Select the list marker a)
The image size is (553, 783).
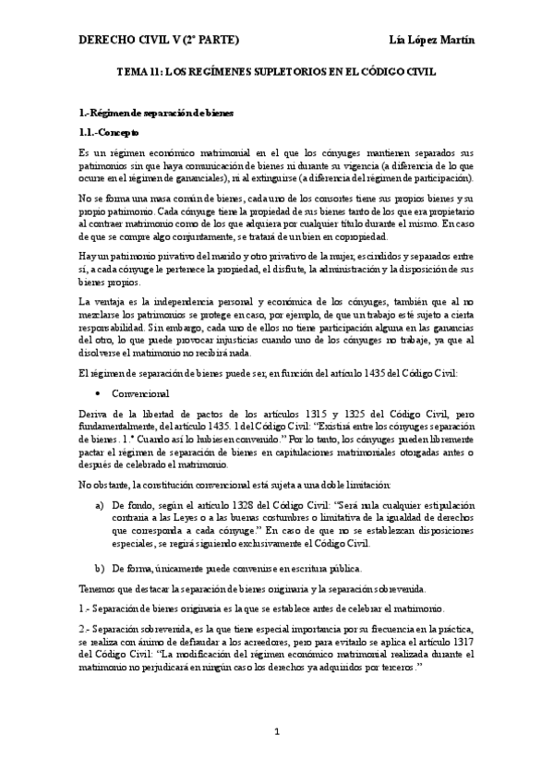[100, 507]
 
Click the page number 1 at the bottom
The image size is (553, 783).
[276, 734]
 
